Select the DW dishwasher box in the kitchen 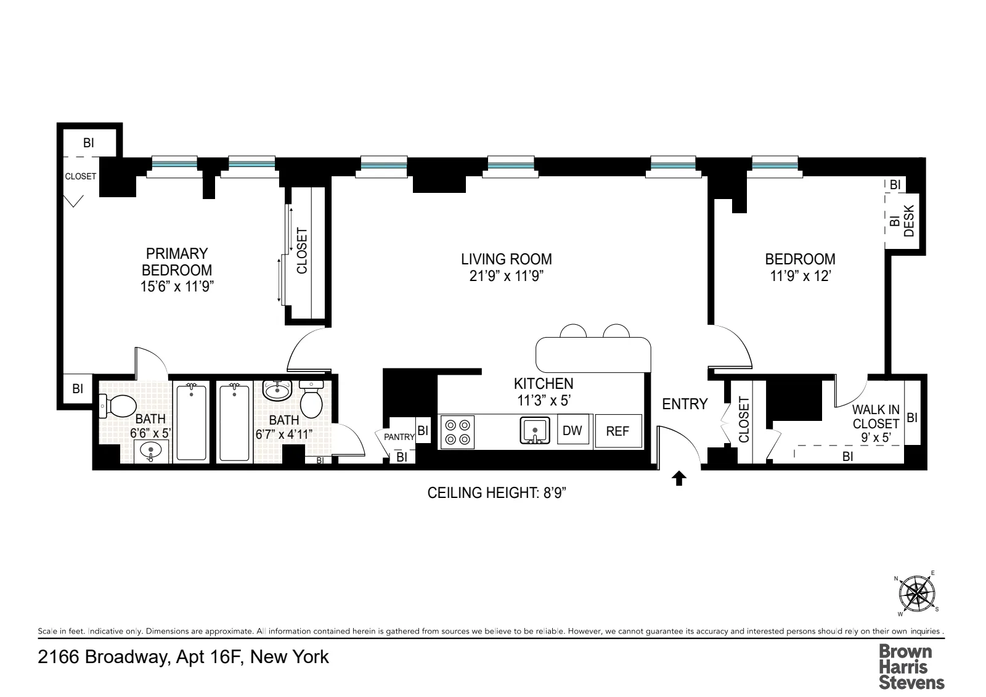coord(572,430)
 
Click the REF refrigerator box coord(617,431)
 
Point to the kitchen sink coord(535,430)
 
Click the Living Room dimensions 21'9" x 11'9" coord(506,275)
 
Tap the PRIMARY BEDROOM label coord(177,262)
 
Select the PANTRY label coord(399,437)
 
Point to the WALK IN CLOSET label coord(876,417)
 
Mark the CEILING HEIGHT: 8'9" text coord(497,493)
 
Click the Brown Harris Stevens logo coord(911,666)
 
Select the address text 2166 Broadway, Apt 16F coord(183,657)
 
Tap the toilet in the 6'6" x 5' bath coord(121,406)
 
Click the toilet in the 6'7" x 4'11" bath coord(312,401)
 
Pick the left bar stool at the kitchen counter coord(573,332)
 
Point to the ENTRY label coord(685,404)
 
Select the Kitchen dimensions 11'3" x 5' coord(544,400)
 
